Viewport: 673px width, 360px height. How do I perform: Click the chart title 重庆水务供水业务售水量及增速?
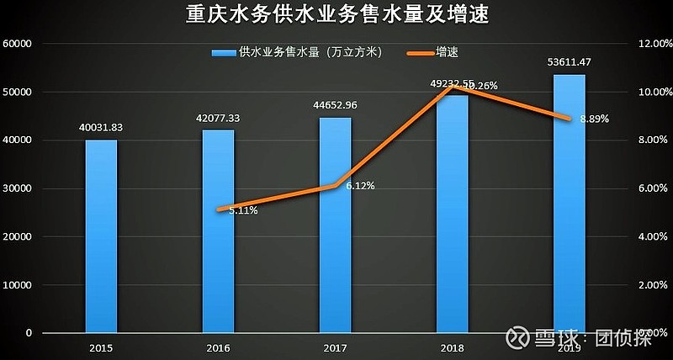point(336,16)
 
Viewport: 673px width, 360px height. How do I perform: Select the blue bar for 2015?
point(101,236)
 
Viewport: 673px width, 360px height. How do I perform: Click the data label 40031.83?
point(101,127)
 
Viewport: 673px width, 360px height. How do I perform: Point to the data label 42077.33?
point(218,118)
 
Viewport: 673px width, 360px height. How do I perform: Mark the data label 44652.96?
point(335,105)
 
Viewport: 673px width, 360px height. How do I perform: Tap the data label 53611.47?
point(569,62)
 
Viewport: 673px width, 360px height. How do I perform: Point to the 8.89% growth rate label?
point(593,119)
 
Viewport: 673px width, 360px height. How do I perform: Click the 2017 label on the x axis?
point(335,347)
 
